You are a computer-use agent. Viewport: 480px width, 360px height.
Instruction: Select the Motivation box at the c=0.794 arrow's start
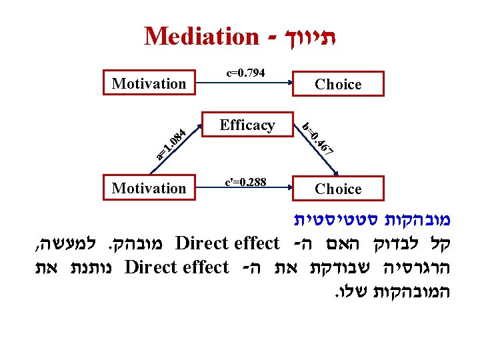click(x=149, y=83)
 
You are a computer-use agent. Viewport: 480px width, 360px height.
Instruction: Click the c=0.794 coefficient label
click(x=246, y=72)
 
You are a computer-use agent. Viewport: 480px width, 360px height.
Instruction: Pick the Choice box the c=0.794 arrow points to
click(x=338, y=84)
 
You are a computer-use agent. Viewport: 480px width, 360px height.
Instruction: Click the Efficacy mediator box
click(x=247, y=125)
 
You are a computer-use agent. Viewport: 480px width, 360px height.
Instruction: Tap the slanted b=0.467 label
click(x=317, y=139)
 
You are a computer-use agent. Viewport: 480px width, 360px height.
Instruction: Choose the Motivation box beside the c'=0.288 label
click(x=149, y=188)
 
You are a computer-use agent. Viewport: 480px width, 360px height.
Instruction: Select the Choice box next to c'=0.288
click(x=338, y=189)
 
